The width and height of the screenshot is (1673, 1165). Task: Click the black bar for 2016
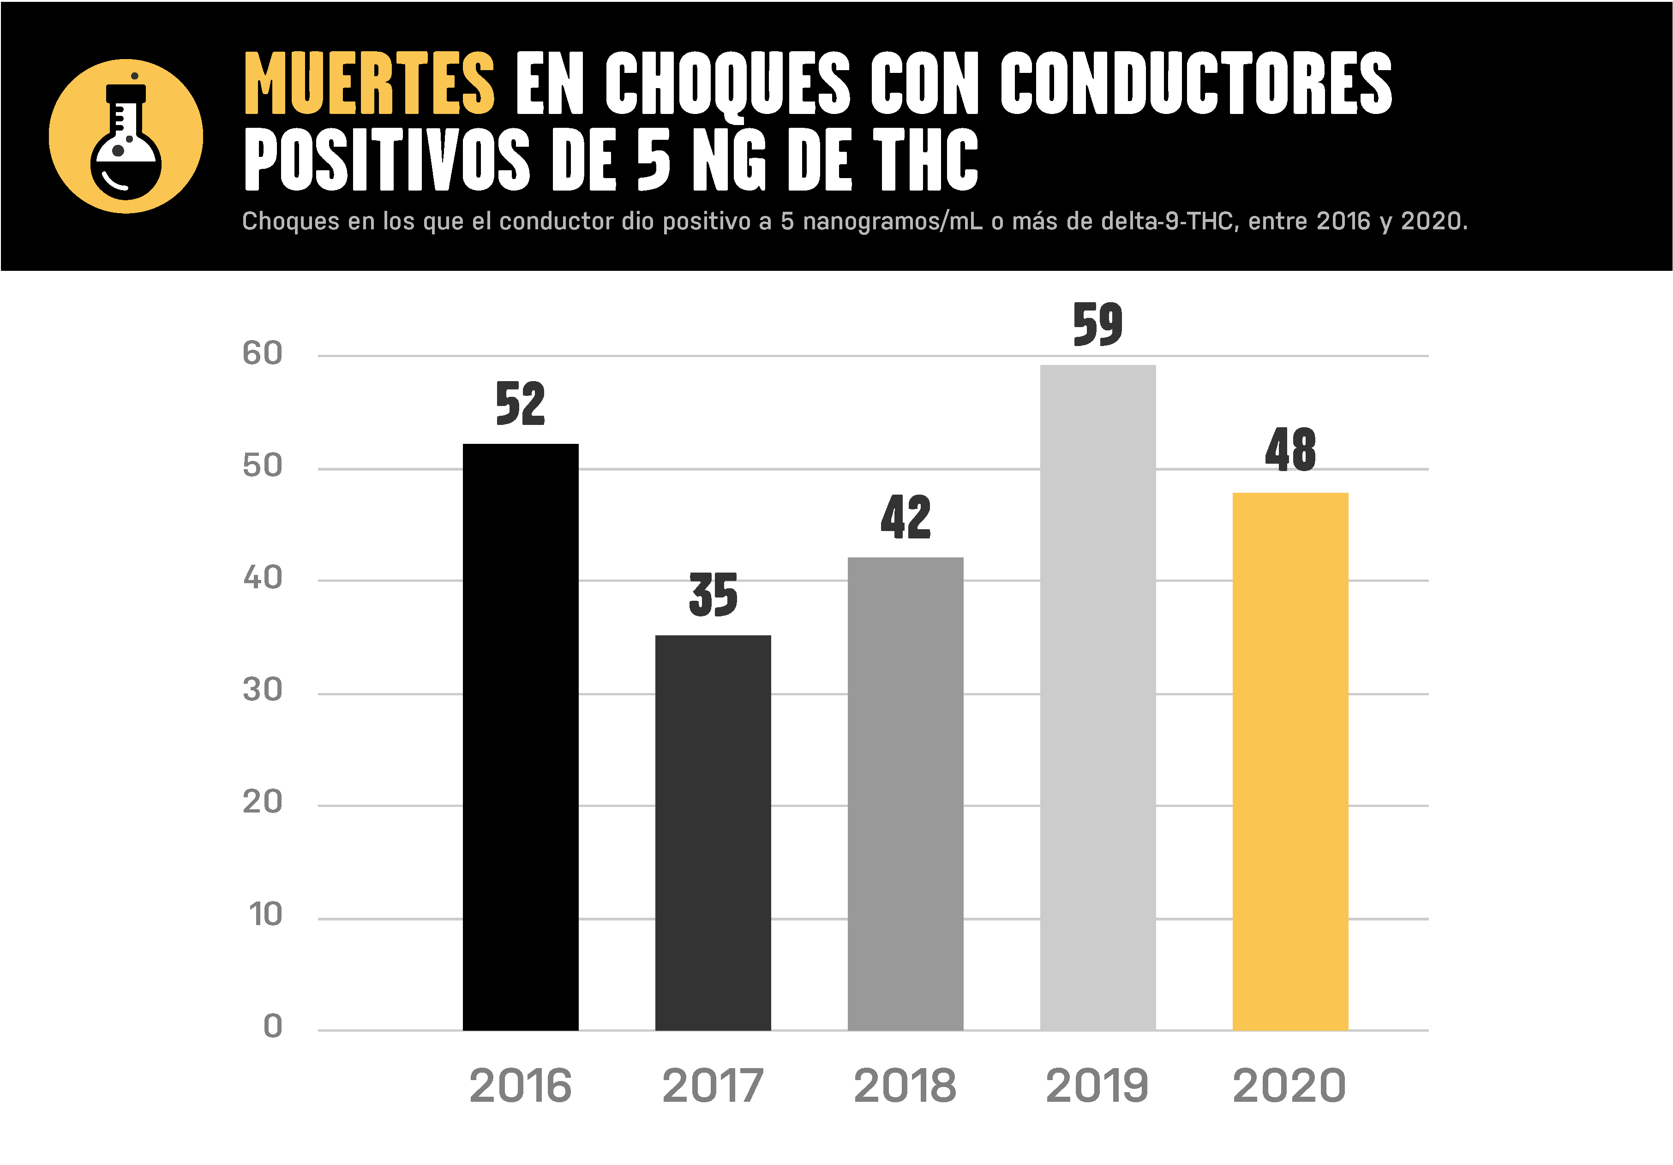(520, 736)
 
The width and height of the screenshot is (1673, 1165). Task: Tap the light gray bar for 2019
(1097, 697)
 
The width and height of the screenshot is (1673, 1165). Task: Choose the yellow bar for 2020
(1290, 761)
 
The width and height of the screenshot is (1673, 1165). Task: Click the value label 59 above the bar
(1097, 324)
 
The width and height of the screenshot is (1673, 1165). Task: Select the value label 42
(905, 517)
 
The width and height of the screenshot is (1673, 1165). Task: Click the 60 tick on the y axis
(262, 353)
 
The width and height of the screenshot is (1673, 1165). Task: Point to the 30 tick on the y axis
(262, 689)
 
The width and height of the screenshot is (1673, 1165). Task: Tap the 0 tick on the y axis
(272, 1026)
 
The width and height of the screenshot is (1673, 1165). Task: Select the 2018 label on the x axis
(905, 1086)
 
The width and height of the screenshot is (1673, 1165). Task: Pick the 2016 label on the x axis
(520, 1086)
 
